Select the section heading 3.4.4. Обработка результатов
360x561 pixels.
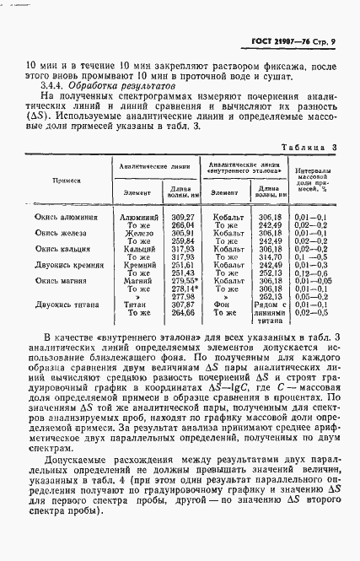tap(107, 86)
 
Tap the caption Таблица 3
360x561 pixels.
tap(309, 148)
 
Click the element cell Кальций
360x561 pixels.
tap(137, 249)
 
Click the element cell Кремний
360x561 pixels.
tap(137, 265)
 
